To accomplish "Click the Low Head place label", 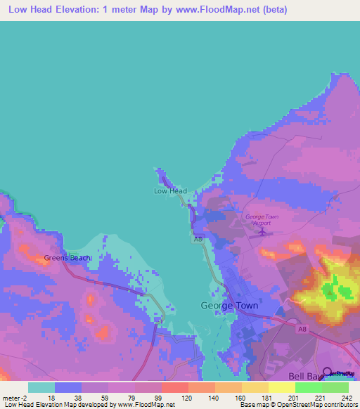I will (170, 190).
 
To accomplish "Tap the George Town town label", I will (229, 306).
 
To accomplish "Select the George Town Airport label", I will (262, 220).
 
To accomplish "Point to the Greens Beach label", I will (67, 258).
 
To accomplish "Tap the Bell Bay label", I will (303, 376).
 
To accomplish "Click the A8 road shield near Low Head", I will (199, 240).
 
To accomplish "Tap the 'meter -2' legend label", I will (16, 397).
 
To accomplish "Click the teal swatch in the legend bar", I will (41, 387).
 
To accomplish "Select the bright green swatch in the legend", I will (308, 387).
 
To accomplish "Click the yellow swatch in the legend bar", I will (281, 387).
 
